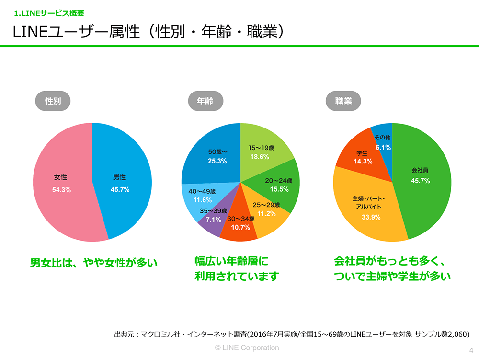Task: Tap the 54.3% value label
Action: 61,190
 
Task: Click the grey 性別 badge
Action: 52,101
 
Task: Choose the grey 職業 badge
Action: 343,101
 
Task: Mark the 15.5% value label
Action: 280,189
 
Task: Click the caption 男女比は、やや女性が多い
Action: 94,263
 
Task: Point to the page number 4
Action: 471,349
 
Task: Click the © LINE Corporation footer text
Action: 247,348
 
